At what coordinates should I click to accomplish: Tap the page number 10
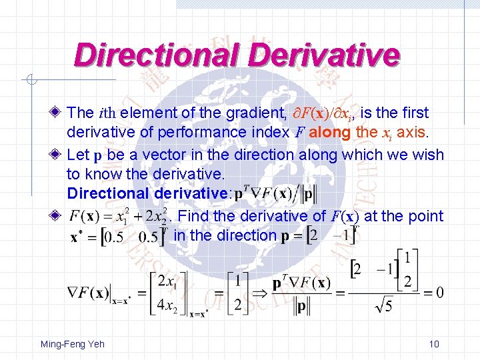(x=434, y=345)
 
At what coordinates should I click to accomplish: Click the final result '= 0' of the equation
(x=434, y=292)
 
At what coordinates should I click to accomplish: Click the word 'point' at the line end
(x=424, y=216)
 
